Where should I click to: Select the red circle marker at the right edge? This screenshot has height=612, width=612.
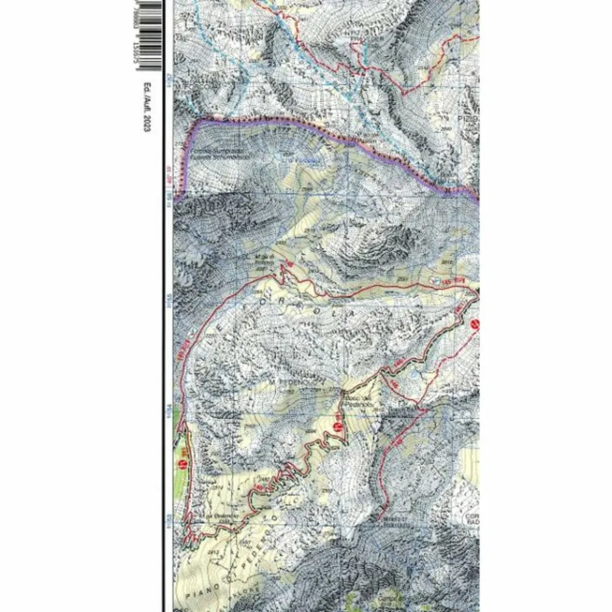(475, 324)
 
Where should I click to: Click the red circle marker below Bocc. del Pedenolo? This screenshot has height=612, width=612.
(337, 426)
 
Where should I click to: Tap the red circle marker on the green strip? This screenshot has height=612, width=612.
(183, 464)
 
